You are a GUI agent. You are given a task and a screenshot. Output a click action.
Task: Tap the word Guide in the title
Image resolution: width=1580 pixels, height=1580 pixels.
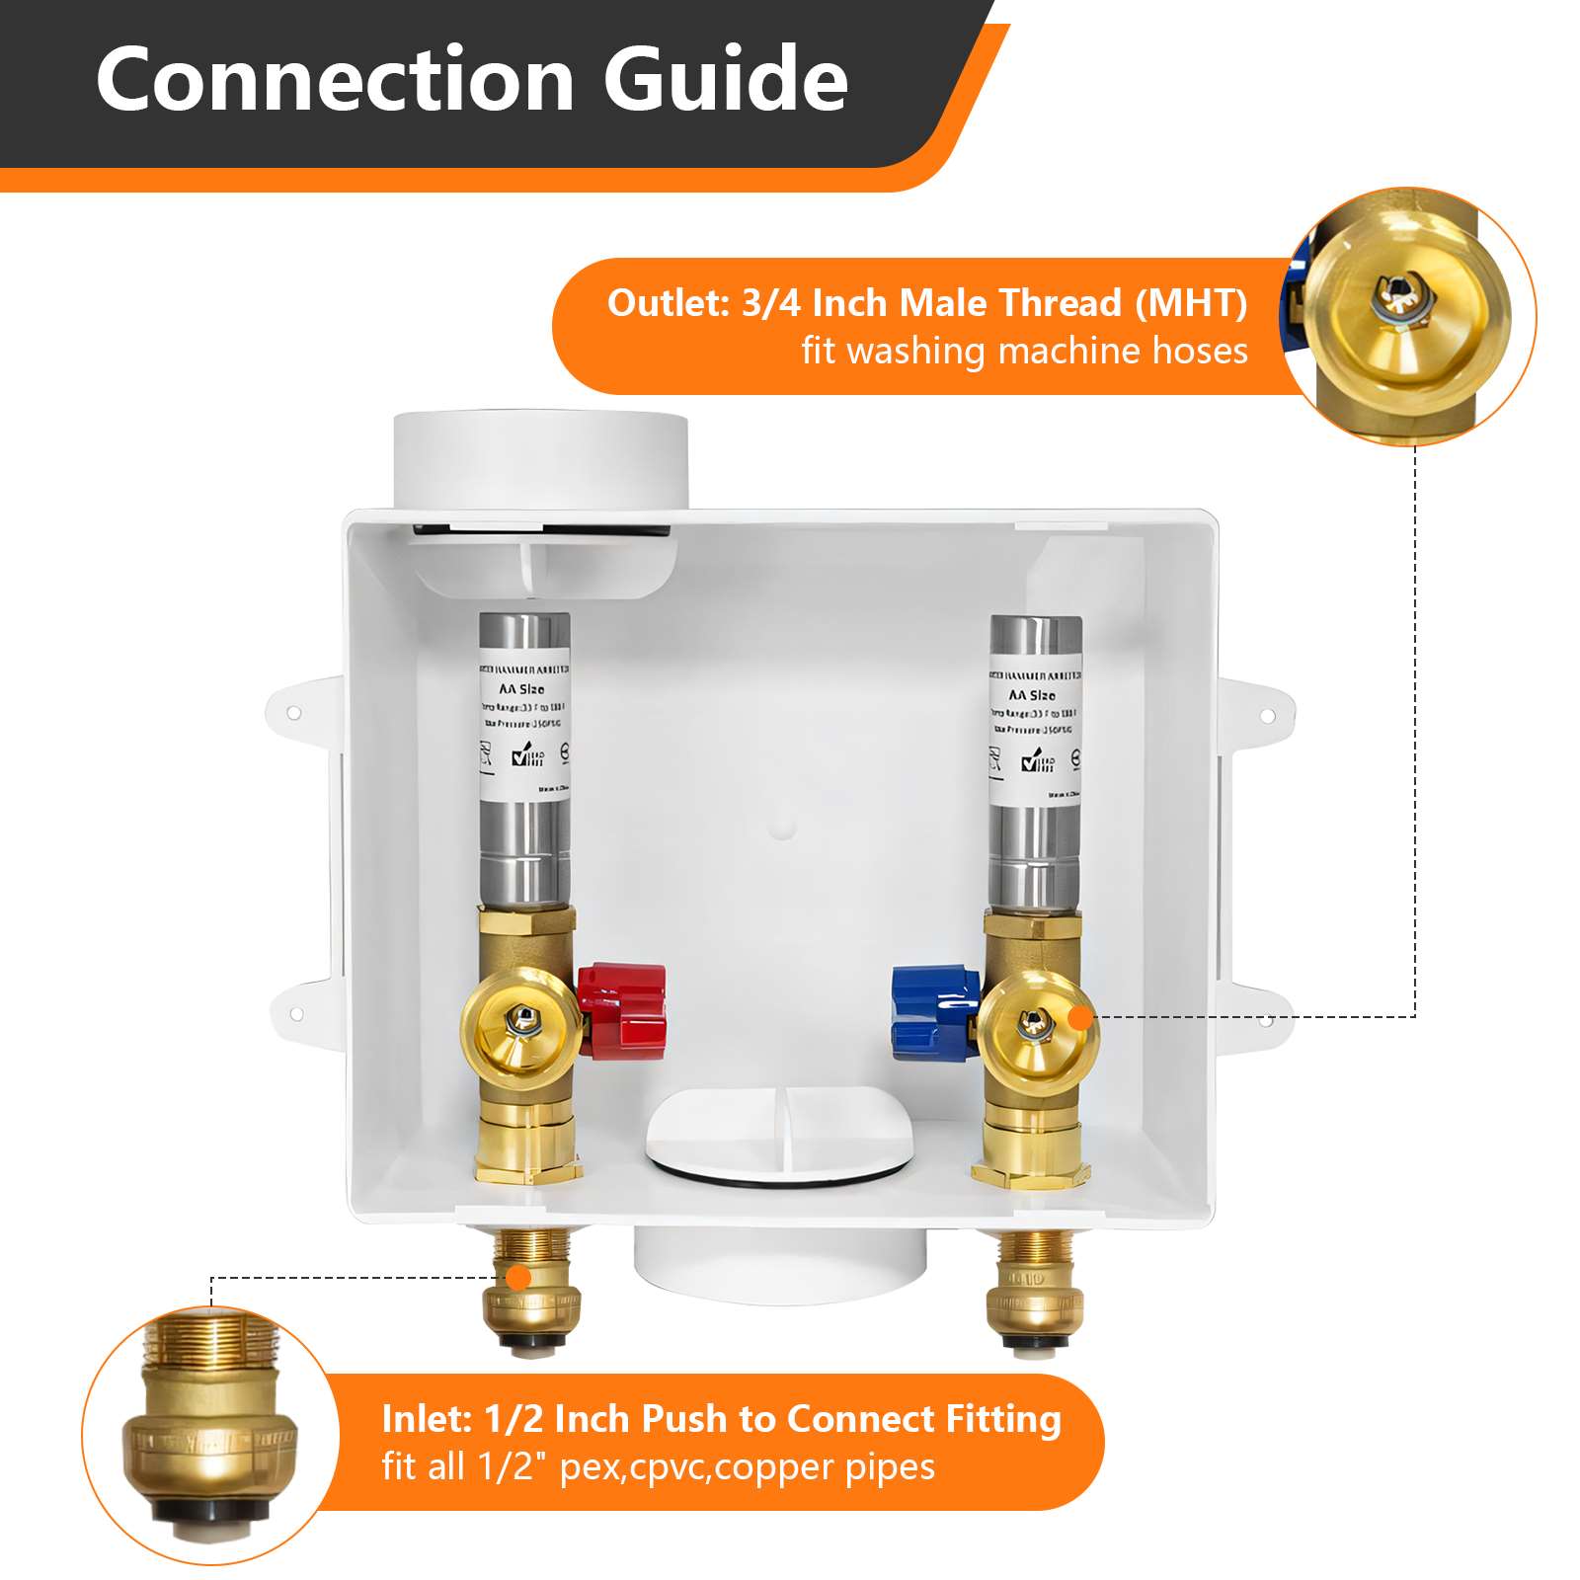tap(726, 79)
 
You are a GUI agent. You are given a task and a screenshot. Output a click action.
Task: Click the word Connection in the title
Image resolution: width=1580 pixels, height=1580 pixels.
tap(334, 79)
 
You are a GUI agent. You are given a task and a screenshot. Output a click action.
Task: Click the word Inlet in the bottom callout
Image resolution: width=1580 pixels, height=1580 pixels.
tap(426, 1419)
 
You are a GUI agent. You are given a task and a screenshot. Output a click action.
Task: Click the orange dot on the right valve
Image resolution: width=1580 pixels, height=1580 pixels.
tap(1081, 1017)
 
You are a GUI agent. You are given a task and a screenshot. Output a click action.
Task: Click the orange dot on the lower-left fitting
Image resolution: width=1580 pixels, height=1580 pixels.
tap(517, 1278)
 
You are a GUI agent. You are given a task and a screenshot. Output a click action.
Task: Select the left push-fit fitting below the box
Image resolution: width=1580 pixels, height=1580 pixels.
tap(531, 1294)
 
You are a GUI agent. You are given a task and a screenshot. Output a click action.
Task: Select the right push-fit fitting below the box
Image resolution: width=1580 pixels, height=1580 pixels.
tap(1034, 1294)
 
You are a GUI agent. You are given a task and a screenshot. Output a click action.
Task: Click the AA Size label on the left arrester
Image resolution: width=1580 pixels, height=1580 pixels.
tap(521, 689)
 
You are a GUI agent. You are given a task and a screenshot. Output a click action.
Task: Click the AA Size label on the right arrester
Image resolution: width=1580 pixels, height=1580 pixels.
tap(1032, 695)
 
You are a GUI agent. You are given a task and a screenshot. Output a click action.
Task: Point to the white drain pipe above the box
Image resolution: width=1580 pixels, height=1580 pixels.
tap(540, 459)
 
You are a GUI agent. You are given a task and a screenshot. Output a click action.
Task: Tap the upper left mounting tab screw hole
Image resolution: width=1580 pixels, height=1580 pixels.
tap(293, 712)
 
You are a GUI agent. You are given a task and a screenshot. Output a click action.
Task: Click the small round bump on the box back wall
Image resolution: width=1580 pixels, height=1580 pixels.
tap(782, 826)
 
